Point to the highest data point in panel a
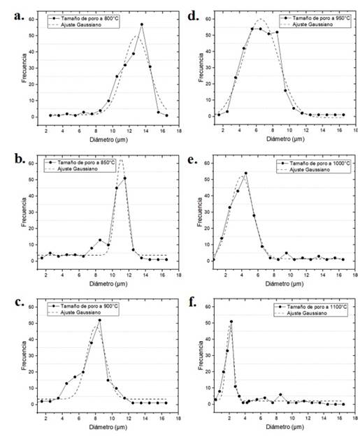coord(142,24)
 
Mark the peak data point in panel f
coord(231,321)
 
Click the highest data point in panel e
coord(245,173)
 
